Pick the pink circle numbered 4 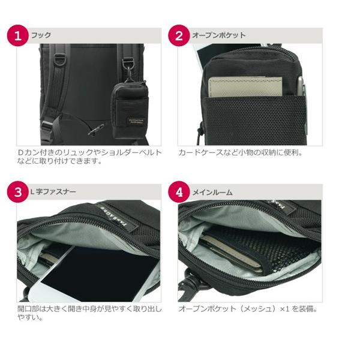click(179, 193)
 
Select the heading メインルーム click(212, 193)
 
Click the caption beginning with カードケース click(241, 152)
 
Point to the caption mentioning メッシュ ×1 click(247, 310)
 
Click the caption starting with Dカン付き click(89, 157)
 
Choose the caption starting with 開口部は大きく click(89, 314)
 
